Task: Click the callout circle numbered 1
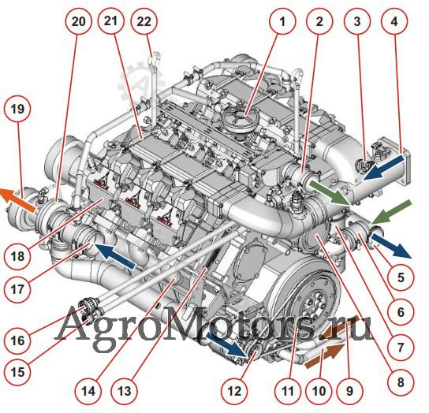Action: pyautogui.click(x=282, y=21)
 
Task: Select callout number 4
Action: pyautogui.click(x=394, y=21)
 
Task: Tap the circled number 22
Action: pyautogui.click(x=144, y=21)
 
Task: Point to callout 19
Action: pyautogui.click(x=18, y=109)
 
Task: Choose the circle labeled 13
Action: pyautogui.click(x=125, y=391)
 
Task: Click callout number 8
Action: pyautogui.click(x=401, y=382)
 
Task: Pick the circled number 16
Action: pyautogui.click(x=18, y=340)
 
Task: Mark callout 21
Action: pyautogui.click(x=111, y=21)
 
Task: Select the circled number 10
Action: pyautogui.click(x=319, y=391)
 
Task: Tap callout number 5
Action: pyautogui.click(x=401, y=277)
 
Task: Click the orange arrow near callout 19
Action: pyautogui.click(x=18, y=200)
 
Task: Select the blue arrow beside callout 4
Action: pyautogui.click(x=382, y=168)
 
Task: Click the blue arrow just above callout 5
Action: pyautogui.click(x=391, y=245)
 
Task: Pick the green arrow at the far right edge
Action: pyautogui.click(x=391, y=212)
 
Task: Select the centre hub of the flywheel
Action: pyautogui.click(x=315, y=303)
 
